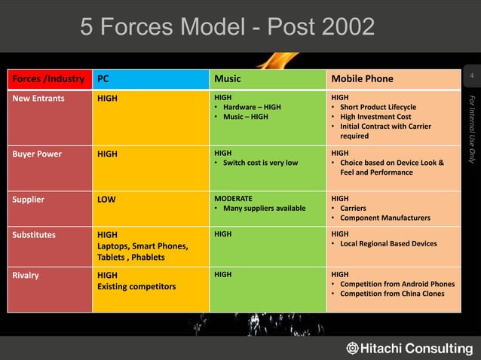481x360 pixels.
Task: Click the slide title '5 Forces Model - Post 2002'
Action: click(x=227, y=27)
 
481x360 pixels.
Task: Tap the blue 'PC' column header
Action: click(x=103, y=79)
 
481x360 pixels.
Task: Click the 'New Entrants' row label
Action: click(x=38, y=98)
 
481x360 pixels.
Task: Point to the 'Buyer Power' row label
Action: click(x=36, y=154)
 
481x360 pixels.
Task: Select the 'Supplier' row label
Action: click(x=28, y=200)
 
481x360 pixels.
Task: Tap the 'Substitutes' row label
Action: click(x=33, y=234)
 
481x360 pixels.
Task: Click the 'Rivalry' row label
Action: click(x=26, y=275)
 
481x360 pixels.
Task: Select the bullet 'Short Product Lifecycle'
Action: click(x=378, y=107)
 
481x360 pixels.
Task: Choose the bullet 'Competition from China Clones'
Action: click(x=391, y=294)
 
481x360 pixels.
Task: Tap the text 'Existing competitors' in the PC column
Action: click(x=136, y=287)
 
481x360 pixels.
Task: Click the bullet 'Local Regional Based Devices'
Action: click(x=388, y=243)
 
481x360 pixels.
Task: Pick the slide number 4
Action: click(x=471, y=78)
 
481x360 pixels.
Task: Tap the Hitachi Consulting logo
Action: click(x=409, y=348)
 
